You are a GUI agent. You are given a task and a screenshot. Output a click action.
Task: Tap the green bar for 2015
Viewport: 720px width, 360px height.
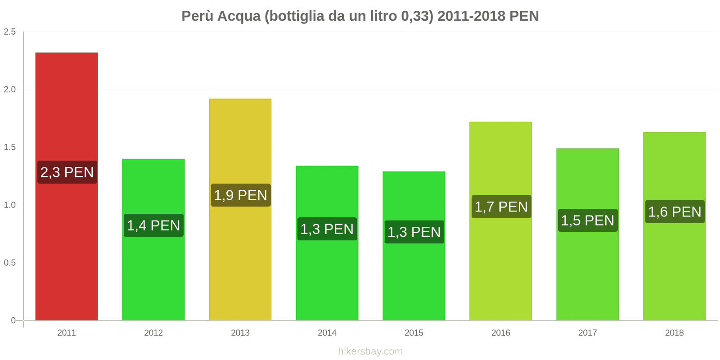coord(414,279)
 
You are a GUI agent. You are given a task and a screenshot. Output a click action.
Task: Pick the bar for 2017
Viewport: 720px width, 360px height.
coord(587,270)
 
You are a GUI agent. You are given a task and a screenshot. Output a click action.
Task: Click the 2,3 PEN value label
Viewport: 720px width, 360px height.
coord(67,172)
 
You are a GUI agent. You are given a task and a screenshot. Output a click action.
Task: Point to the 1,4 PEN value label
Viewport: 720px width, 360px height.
coord(153,225)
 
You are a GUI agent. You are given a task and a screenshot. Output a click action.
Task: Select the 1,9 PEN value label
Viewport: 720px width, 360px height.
coord(241,195)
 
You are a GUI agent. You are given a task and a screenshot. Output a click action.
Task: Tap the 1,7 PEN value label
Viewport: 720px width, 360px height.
coord(501,207)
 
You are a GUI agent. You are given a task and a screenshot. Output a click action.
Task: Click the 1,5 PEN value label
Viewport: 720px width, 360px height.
coord(588,220)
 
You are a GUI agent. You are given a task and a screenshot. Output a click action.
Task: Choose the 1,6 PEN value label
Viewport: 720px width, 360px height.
coord(675,211)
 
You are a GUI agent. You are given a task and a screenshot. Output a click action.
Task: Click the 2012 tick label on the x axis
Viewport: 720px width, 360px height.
coord(153,333)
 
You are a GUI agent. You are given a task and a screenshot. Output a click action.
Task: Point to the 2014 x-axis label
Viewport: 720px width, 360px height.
coord(327,333)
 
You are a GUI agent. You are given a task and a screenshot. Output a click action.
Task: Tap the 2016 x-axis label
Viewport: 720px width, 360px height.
coord(501,333)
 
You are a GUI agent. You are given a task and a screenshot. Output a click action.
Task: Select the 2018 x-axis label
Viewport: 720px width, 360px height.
coord(674,333)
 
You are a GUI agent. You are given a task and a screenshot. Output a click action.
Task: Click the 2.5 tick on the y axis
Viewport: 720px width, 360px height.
coord(10,31)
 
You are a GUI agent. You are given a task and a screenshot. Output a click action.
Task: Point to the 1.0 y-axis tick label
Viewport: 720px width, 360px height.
coord(10,205)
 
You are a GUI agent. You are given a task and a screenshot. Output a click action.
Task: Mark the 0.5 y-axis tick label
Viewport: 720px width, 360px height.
coord(10,262)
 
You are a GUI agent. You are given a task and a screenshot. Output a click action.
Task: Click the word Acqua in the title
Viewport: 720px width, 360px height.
coord(239,16)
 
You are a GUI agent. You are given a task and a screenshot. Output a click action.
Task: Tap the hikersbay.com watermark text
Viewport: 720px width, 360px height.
coord(370,351)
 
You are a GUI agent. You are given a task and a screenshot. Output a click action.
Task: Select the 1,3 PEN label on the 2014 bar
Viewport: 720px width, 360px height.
coord(327,229)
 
